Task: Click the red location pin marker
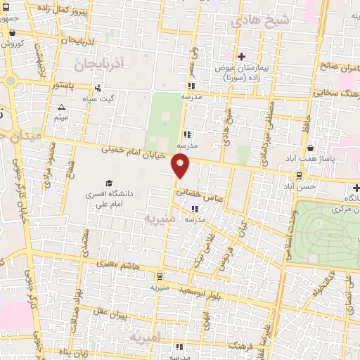(x=181, y=166)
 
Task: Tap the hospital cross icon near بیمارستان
(x=241, y=56)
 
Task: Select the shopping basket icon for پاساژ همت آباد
(x=310, y=148)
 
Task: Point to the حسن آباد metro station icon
(x=300, y=176)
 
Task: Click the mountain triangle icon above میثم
(x=61, y=107)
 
